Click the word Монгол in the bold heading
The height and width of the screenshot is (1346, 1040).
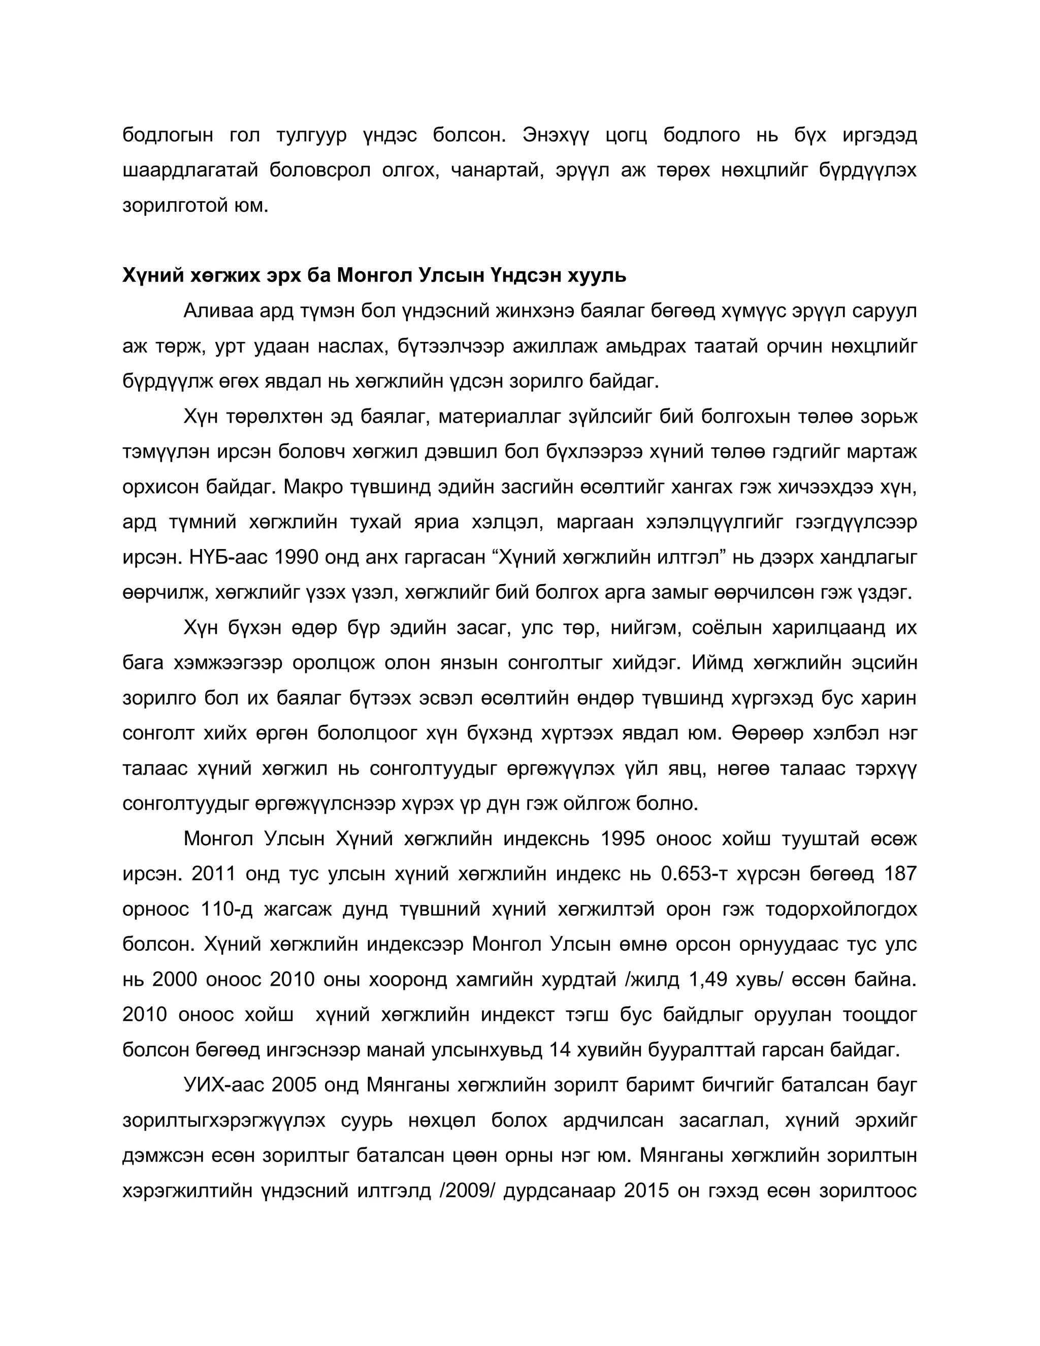(x=373, y=275)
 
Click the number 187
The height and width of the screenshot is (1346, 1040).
(x=900, y=874)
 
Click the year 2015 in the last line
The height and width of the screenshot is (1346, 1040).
(x=646, y=1191)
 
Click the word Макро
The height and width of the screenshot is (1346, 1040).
(x=312, y=487)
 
